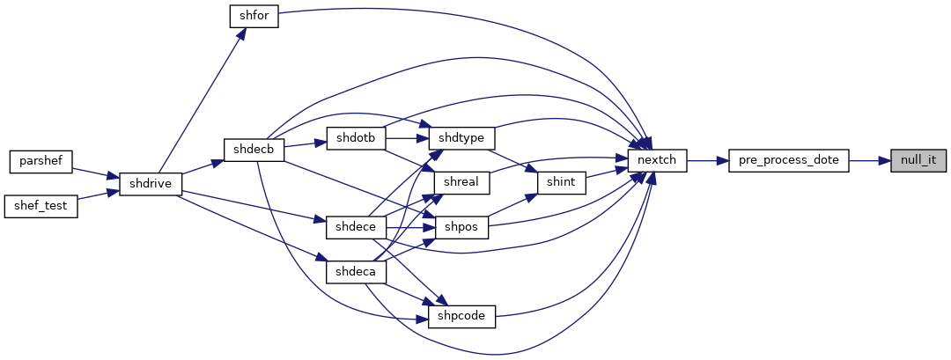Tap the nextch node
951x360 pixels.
(x=657, y=160)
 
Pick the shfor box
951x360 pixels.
(x=254, y=16)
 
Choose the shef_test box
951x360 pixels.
(x=41, y=207)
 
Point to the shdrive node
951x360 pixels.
(x=151, y=184)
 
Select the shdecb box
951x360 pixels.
(x=254, y=150)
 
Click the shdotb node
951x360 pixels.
(x=356, y=138)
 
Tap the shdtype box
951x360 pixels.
(x=462, y=138)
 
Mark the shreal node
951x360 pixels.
(x=461, y=182)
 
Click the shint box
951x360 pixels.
(x=562, y=182)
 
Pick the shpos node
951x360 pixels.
(x=461, y=227)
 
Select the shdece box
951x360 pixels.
(x=356, y=227)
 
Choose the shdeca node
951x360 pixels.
(x=356, y=272)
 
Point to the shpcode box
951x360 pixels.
(x=462, y=317)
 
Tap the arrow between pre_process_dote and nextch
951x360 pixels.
(x=708, y=160)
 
